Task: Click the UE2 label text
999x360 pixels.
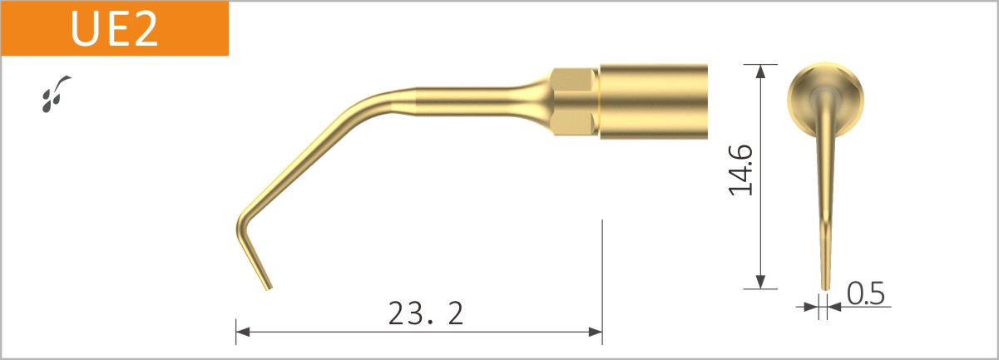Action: (114, 29)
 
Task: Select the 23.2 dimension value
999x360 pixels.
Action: (425, 313)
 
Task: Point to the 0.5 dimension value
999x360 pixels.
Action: (865, 293)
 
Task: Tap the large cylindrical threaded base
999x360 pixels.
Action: (653, 101)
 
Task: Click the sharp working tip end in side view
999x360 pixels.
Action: (267, 287)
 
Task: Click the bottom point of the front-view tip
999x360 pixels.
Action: (824, 288)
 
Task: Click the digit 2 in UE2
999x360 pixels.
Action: (142, 29)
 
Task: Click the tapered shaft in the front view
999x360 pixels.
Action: (823, 200)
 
